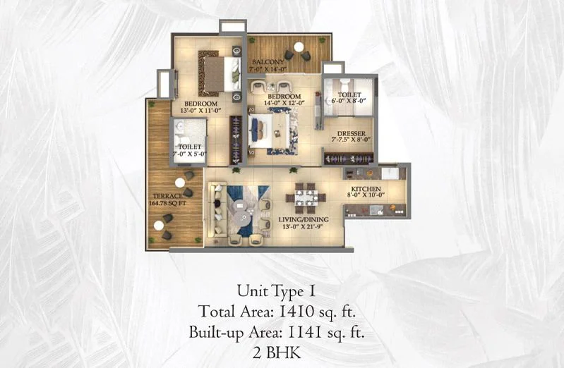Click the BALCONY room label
pos(268,62)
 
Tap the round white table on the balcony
pos(299,47)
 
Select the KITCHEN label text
pos(366,189)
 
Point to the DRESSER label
pos(351,134)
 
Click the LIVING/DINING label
pos(304,219)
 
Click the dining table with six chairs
pos(306,198)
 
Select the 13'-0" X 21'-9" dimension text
pos(302,226)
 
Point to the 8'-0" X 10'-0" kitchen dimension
pos(366,195)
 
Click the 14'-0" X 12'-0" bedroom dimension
pos(284,103)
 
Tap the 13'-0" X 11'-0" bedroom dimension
pos(200,110)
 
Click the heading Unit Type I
pos(276,291)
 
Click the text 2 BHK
pos(277,353)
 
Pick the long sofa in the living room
pos(217,209)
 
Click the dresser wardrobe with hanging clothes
pos(349,159)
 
